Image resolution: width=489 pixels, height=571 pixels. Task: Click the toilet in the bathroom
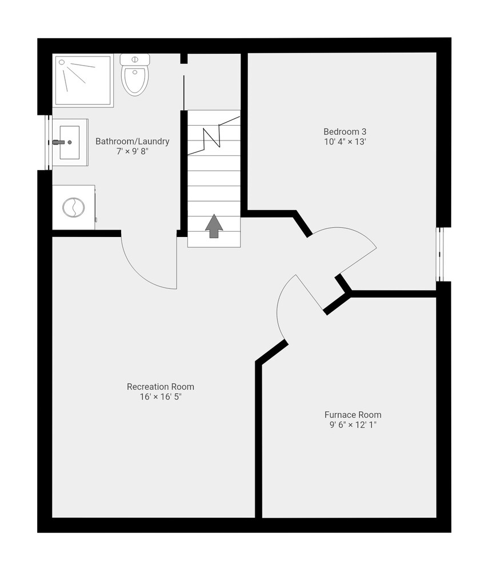pyautogui.click(x=135, y=75)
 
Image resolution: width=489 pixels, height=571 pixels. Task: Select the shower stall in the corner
pyautogui.click(x=83, y=81)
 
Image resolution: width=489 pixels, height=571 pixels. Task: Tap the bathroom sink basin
pyautogui.click(x=70, y=142)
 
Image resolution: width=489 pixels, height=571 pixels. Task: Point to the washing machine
pyautogui.click(x=74, y=207)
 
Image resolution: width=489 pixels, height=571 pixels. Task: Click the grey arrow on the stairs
pyautogui.click(x=214, y=226)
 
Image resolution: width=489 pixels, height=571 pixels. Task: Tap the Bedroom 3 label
pyautogui.click(x=344, y=131)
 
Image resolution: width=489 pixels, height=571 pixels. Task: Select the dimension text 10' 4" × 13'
pyautogui.click(x=344, y=142)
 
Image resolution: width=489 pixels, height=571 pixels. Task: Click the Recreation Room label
pyautogui.click(x=161, y=387)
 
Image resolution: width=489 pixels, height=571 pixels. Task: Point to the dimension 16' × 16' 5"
pyautogui.click(x=161, y=397)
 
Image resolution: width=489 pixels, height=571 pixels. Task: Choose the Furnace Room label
pyautogui.click(x=352, y=415)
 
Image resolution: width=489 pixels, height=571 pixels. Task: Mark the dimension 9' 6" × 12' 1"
pyautogui.click(x=352, y=425)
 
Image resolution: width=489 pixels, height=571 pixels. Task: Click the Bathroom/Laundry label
pyautogui.click(x=133, y=141)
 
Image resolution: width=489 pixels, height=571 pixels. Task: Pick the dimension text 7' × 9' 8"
pyautogui.click(x=133, y=151)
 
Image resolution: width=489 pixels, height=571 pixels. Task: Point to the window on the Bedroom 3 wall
pyautogui.click(x=441, y=255)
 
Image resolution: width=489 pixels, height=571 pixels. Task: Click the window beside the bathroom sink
pyautogui.click(x=48, y=142)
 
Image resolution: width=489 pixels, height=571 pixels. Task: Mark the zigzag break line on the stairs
pyautogui.click(x=214, y=135)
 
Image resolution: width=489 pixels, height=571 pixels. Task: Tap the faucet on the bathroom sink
pyautogui.click(x=58, y=142)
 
